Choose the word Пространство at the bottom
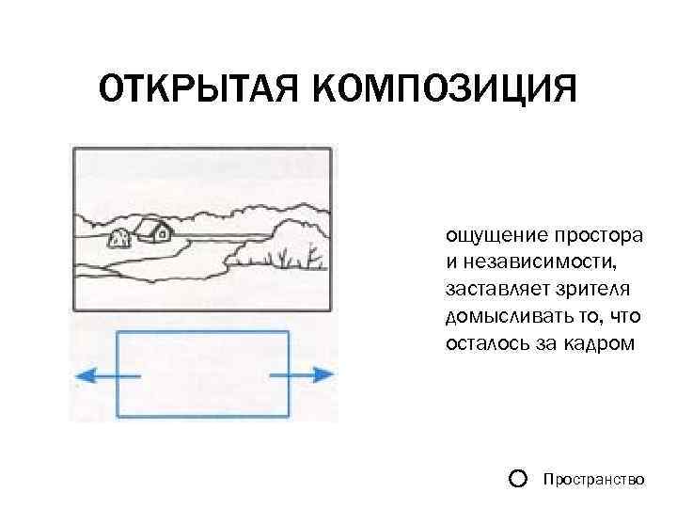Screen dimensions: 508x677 point(593,480)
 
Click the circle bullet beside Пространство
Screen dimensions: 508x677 point(516,479)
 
